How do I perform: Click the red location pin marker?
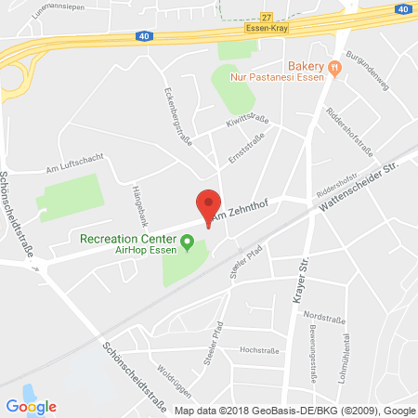[209, 205]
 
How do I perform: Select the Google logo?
[31, 406]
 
